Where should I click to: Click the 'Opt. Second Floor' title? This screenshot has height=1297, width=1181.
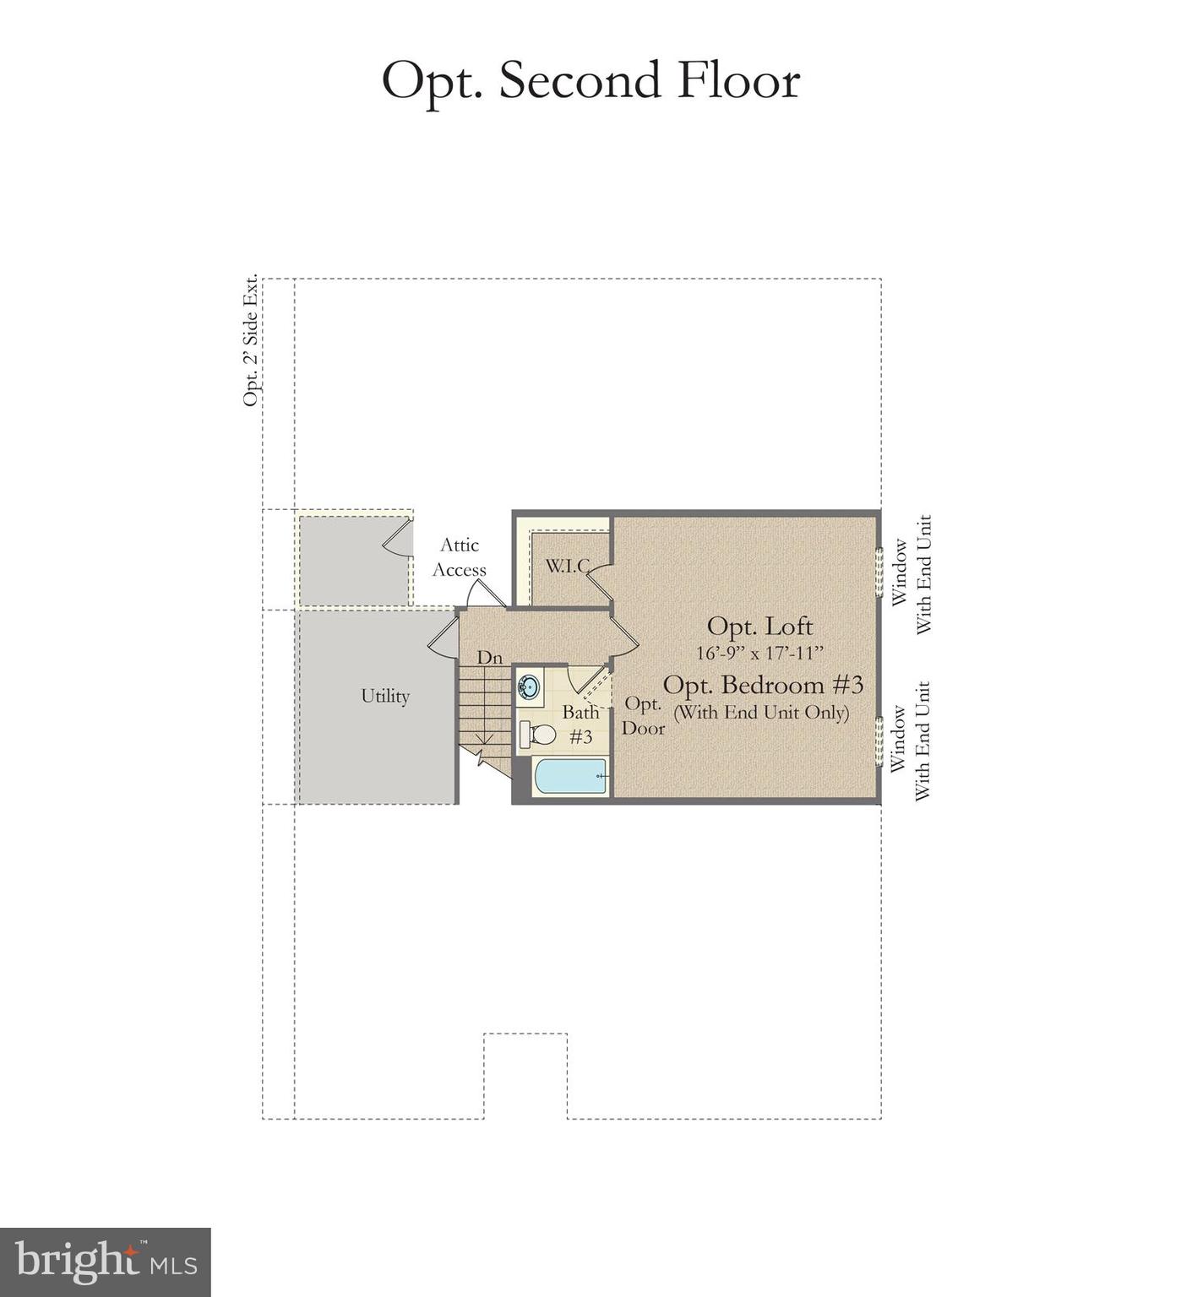pyautogui.click(x=590, y=82)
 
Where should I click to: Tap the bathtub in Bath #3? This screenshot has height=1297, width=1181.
pyautogui.click(x=571, y=776)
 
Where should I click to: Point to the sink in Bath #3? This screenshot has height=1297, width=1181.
pyautogui.click(x=530, y=686)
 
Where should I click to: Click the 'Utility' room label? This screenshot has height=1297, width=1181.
pyautogui.click(x=385, y=696)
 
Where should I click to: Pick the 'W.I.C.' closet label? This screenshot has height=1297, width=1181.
pyautogui.click(x=567, y=566)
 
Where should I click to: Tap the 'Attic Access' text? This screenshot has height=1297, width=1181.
pyautogui.click(x=460, y=557)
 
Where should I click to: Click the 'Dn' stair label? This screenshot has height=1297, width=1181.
pyautogui.click(x=489, y=657)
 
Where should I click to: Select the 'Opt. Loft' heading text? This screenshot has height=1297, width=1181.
pyautogui.click(x=759, y=626)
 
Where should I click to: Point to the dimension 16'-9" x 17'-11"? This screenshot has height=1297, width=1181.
pyautogui.click(x=759, y=653)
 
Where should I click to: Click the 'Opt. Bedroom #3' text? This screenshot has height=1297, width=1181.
pyautogui.click(x=763, y=684)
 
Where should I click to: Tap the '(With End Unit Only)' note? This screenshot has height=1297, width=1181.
pyautogui.click(x=760, y=712)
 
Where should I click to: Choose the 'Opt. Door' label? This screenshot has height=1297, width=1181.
pyautogui.click(x=643, y=715)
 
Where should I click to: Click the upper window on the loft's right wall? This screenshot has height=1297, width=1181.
pyautogui.click(x=879, y=573)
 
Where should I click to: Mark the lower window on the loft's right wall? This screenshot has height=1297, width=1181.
pyautogui.click(x=879, y=741)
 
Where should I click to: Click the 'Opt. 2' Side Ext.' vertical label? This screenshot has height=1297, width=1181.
pyautogui.click(x=250, y=340)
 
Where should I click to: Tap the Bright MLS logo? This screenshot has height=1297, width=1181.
pyautogui.click(x=106, y=1262)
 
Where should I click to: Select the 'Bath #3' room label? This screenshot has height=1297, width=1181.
pyautogui.click(x=580, y=724)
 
